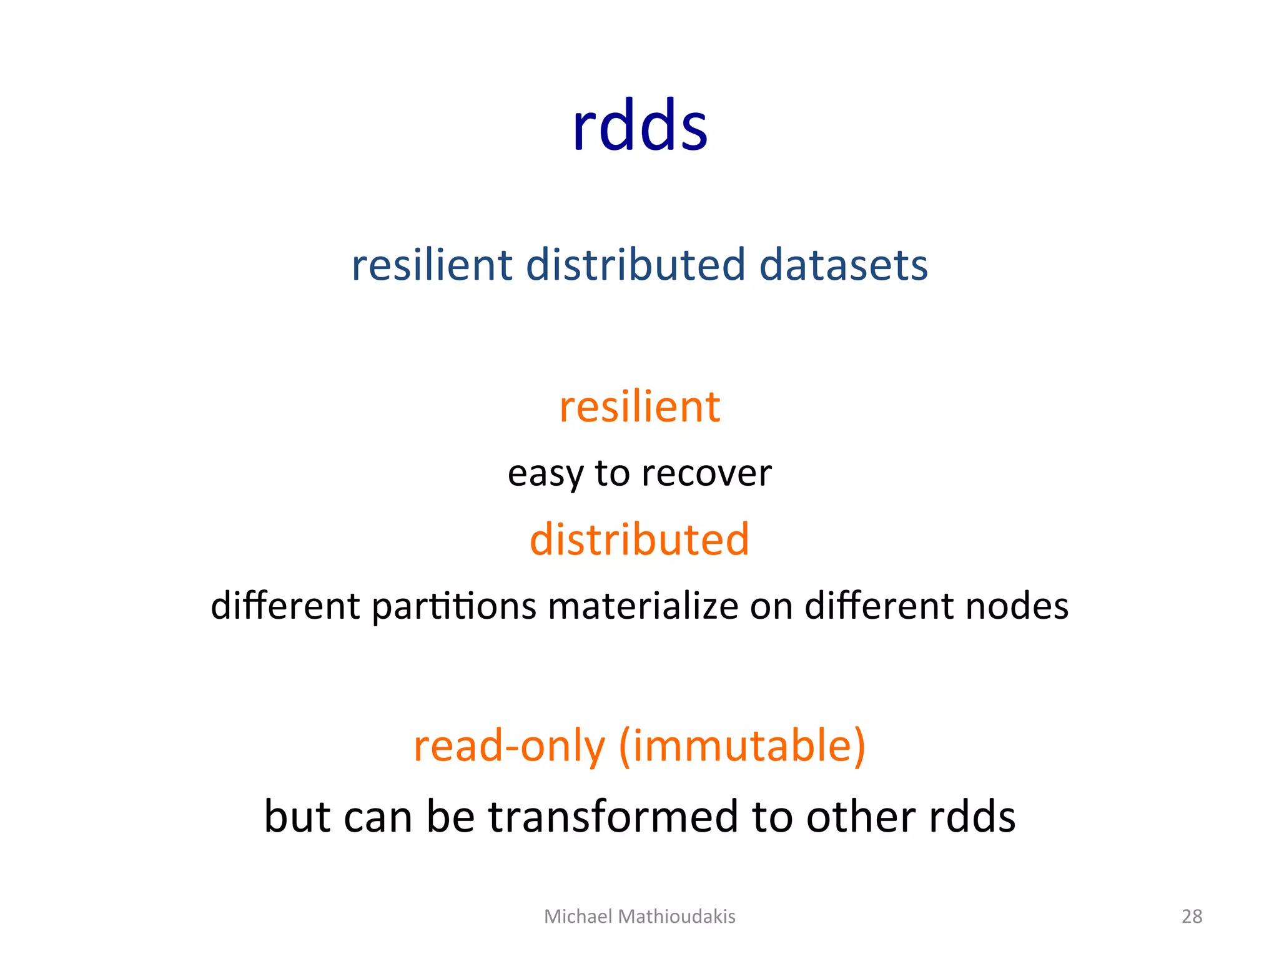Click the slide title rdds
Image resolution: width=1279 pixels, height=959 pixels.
coord(639,126)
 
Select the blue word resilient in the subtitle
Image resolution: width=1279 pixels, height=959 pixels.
coord(432,265)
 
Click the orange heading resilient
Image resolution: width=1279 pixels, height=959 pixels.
coord(639,407)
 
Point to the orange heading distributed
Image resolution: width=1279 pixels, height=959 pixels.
coord(639,539)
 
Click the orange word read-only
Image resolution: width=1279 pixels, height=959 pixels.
coord(509,747)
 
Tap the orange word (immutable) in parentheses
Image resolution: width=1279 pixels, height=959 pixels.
coord(742,747)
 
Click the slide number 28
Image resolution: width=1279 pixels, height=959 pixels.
coord(1192,917)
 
